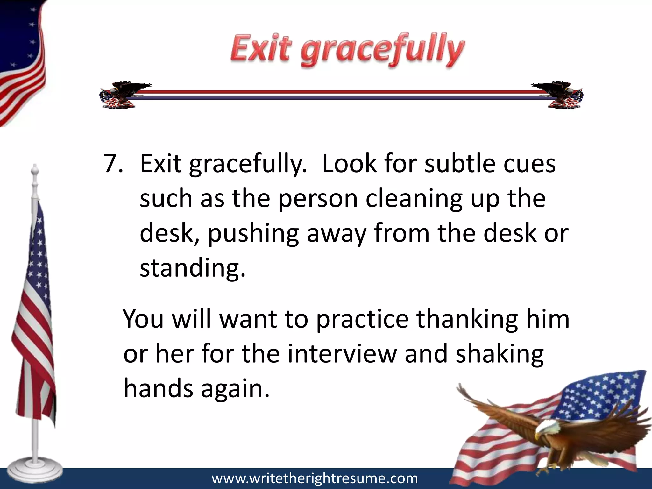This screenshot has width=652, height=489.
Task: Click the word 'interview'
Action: point(342,354)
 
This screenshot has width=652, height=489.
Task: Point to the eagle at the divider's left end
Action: point(124,94)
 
